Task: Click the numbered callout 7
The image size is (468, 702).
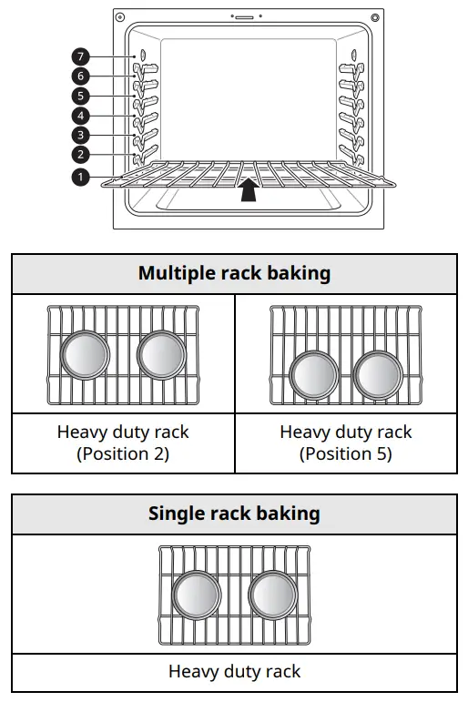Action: (81, 56)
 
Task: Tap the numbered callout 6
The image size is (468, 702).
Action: (81, 76)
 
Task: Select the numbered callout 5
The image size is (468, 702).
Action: (81, 96)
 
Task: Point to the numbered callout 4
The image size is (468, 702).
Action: (81, 116)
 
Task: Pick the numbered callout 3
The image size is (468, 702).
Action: (81, 136)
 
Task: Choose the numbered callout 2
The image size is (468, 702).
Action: (81, 155)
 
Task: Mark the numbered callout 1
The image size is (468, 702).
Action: (81, 177)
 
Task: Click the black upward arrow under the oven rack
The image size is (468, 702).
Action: (246, 190)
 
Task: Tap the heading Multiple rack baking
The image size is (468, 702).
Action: (234, 273)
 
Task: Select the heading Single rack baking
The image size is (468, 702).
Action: (234, 514)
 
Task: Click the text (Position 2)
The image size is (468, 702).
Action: (123, 453)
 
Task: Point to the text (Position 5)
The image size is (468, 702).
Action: (346, 453)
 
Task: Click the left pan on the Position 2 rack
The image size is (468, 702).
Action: (86, 354)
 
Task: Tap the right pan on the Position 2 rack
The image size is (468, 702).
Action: (162, 354)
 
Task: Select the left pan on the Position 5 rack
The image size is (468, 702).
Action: (313, 373)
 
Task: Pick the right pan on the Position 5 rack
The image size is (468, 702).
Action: (378, 373)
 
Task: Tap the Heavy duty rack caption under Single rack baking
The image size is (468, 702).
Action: (234, 671)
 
